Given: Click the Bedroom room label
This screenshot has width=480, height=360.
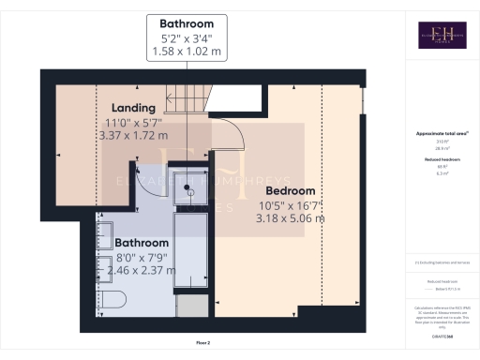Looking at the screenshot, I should [290, 190].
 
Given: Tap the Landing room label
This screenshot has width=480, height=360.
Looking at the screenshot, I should [133, 108].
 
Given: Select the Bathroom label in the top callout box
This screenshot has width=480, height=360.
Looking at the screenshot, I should [187, 23].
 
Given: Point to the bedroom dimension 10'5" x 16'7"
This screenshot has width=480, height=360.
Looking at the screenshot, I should [290, 204].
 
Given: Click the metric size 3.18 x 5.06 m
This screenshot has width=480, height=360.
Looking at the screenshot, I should [290, 218].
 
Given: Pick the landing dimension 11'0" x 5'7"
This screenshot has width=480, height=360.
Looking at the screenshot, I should [133, 122].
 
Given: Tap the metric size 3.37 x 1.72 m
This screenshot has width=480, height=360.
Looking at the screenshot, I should [133, 136].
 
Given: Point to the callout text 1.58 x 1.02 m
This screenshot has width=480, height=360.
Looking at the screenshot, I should [187, 52].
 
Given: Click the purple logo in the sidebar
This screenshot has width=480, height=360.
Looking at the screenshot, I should [442, 35].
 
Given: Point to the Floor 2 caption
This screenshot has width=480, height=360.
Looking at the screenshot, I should [203, 344].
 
